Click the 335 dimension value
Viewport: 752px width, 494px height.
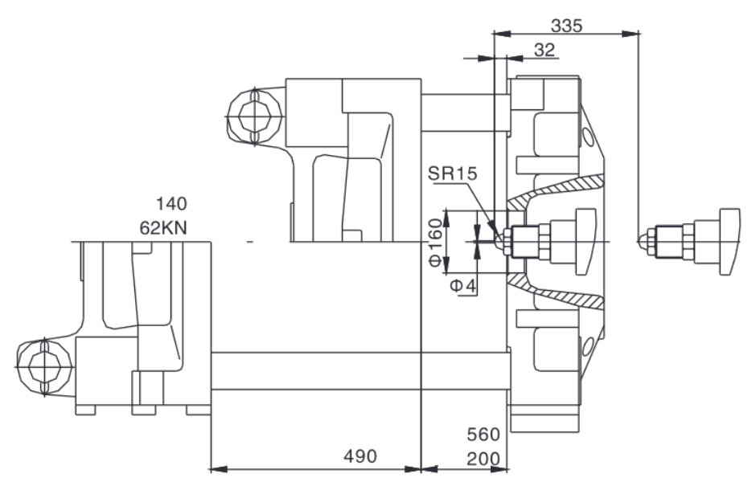tap(566, 25)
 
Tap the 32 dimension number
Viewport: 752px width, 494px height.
tap(544, 49)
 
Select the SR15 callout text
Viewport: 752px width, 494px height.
tap(452, 173)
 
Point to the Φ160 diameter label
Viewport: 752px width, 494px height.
tap(435, 242)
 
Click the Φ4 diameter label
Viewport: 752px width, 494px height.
tap(462, 286)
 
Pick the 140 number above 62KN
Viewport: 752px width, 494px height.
tap(171, 204)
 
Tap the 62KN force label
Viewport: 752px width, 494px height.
tap(163, 227)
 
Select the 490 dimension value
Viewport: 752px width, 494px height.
tap(360, 456)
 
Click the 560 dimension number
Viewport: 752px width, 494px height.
tap(483, 434)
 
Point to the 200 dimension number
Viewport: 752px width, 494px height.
tap(483, 459)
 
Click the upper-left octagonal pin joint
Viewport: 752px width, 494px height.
tap(255, 116)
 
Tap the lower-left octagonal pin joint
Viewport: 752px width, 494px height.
tap(44, 367)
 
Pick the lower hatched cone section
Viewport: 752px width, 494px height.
tap(557, 292)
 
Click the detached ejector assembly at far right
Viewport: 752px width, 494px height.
tap(689, 242)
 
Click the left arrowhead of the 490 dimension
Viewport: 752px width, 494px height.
tap(220, 469)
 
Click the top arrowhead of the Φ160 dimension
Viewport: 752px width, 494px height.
tap(446, 218)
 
